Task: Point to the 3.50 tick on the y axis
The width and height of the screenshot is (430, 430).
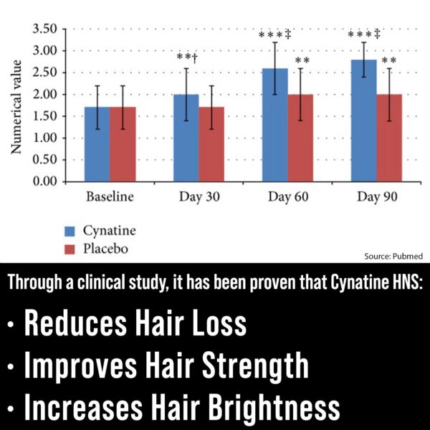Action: (x=45, y=29)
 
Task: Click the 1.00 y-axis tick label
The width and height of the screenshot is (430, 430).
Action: (x=45, y=138)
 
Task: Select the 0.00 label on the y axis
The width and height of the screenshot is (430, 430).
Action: (x=45, y=181)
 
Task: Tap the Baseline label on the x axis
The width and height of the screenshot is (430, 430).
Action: (x=110, y=196)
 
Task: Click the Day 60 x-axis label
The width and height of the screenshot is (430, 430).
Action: (x=287, y=196)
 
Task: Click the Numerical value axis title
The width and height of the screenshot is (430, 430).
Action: (x=16, y=105)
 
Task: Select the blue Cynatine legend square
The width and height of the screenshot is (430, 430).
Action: (x=70, y=231)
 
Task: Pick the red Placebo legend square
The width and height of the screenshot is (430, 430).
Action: (x=70, y=249)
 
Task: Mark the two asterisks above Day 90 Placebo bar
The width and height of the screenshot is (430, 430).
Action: (x=388, y=62)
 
